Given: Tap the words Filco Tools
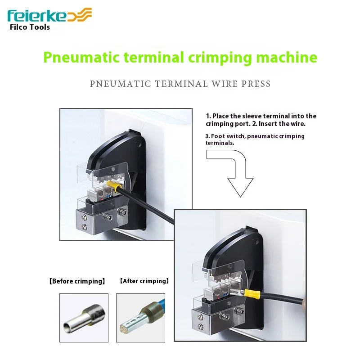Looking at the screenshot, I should (30, 27).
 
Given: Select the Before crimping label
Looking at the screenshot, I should (77, 281).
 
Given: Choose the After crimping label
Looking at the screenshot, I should (144, 281).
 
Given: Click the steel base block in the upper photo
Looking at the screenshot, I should (96, 220).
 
